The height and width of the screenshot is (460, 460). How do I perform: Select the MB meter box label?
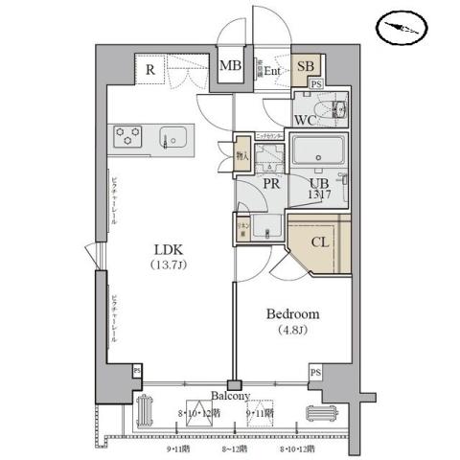230,66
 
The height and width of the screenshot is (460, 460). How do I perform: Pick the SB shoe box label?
305,66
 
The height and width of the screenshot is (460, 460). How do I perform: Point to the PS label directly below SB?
316,86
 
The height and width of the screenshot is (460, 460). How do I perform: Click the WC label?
306,121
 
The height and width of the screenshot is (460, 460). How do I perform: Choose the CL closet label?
321,241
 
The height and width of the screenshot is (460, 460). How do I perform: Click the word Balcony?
230,396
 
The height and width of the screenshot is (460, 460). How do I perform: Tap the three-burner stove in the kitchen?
127,136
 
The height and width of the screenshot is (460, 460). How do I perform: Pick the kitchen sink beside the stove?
172,136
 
